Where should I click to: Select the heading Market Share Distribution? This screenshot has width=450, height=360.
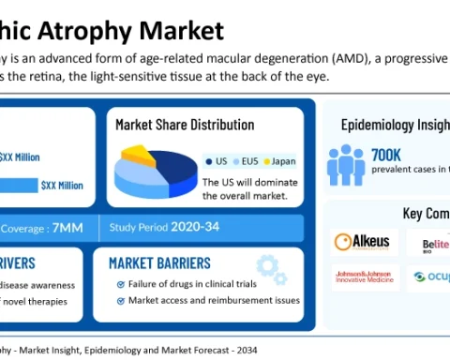[x=184, y=124]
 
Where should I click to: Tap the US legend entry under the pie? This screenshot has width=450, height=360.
[x=217, y=160]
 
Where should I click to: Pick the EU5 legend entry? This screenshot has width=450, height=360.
[x=247, y=160]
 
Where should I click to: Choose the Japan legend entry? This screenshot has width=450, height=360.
[x=282, y=160]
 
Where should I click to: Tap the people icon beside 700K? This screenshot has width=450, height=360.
[x=345, y=163]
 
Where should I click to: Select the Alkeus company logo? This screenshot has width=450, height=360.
[x=362, y=242]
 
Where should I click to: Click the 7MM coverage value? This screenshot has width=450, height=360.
[x=68, y=227]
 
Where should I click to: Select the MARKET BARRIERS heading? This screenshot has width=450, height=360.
[x=159, y=263]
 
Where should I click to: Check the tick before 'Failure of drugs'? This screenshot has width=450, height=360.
[x=120, y=284]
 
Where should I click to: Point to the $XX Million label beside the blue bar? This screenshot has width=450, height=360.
[x=62, y=186]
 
